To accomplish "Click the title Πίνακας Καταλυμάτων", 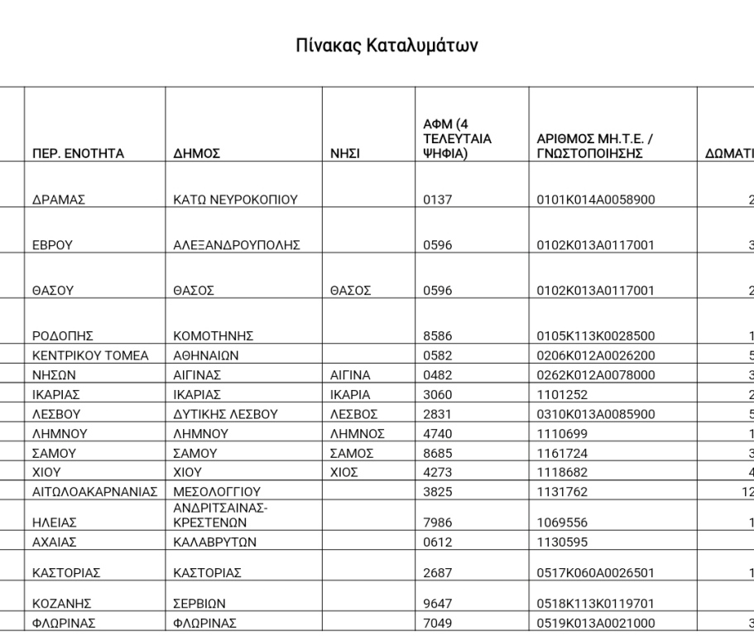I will coord(387,45).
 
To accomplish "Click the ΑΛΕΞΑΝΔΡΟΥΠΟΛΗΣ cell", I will coord(236,245).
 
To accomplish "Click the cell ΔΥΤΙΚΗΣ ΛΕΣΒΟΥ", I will coord(219,414).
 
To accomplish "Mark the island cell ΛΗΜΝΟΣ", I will coord(358,433).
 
